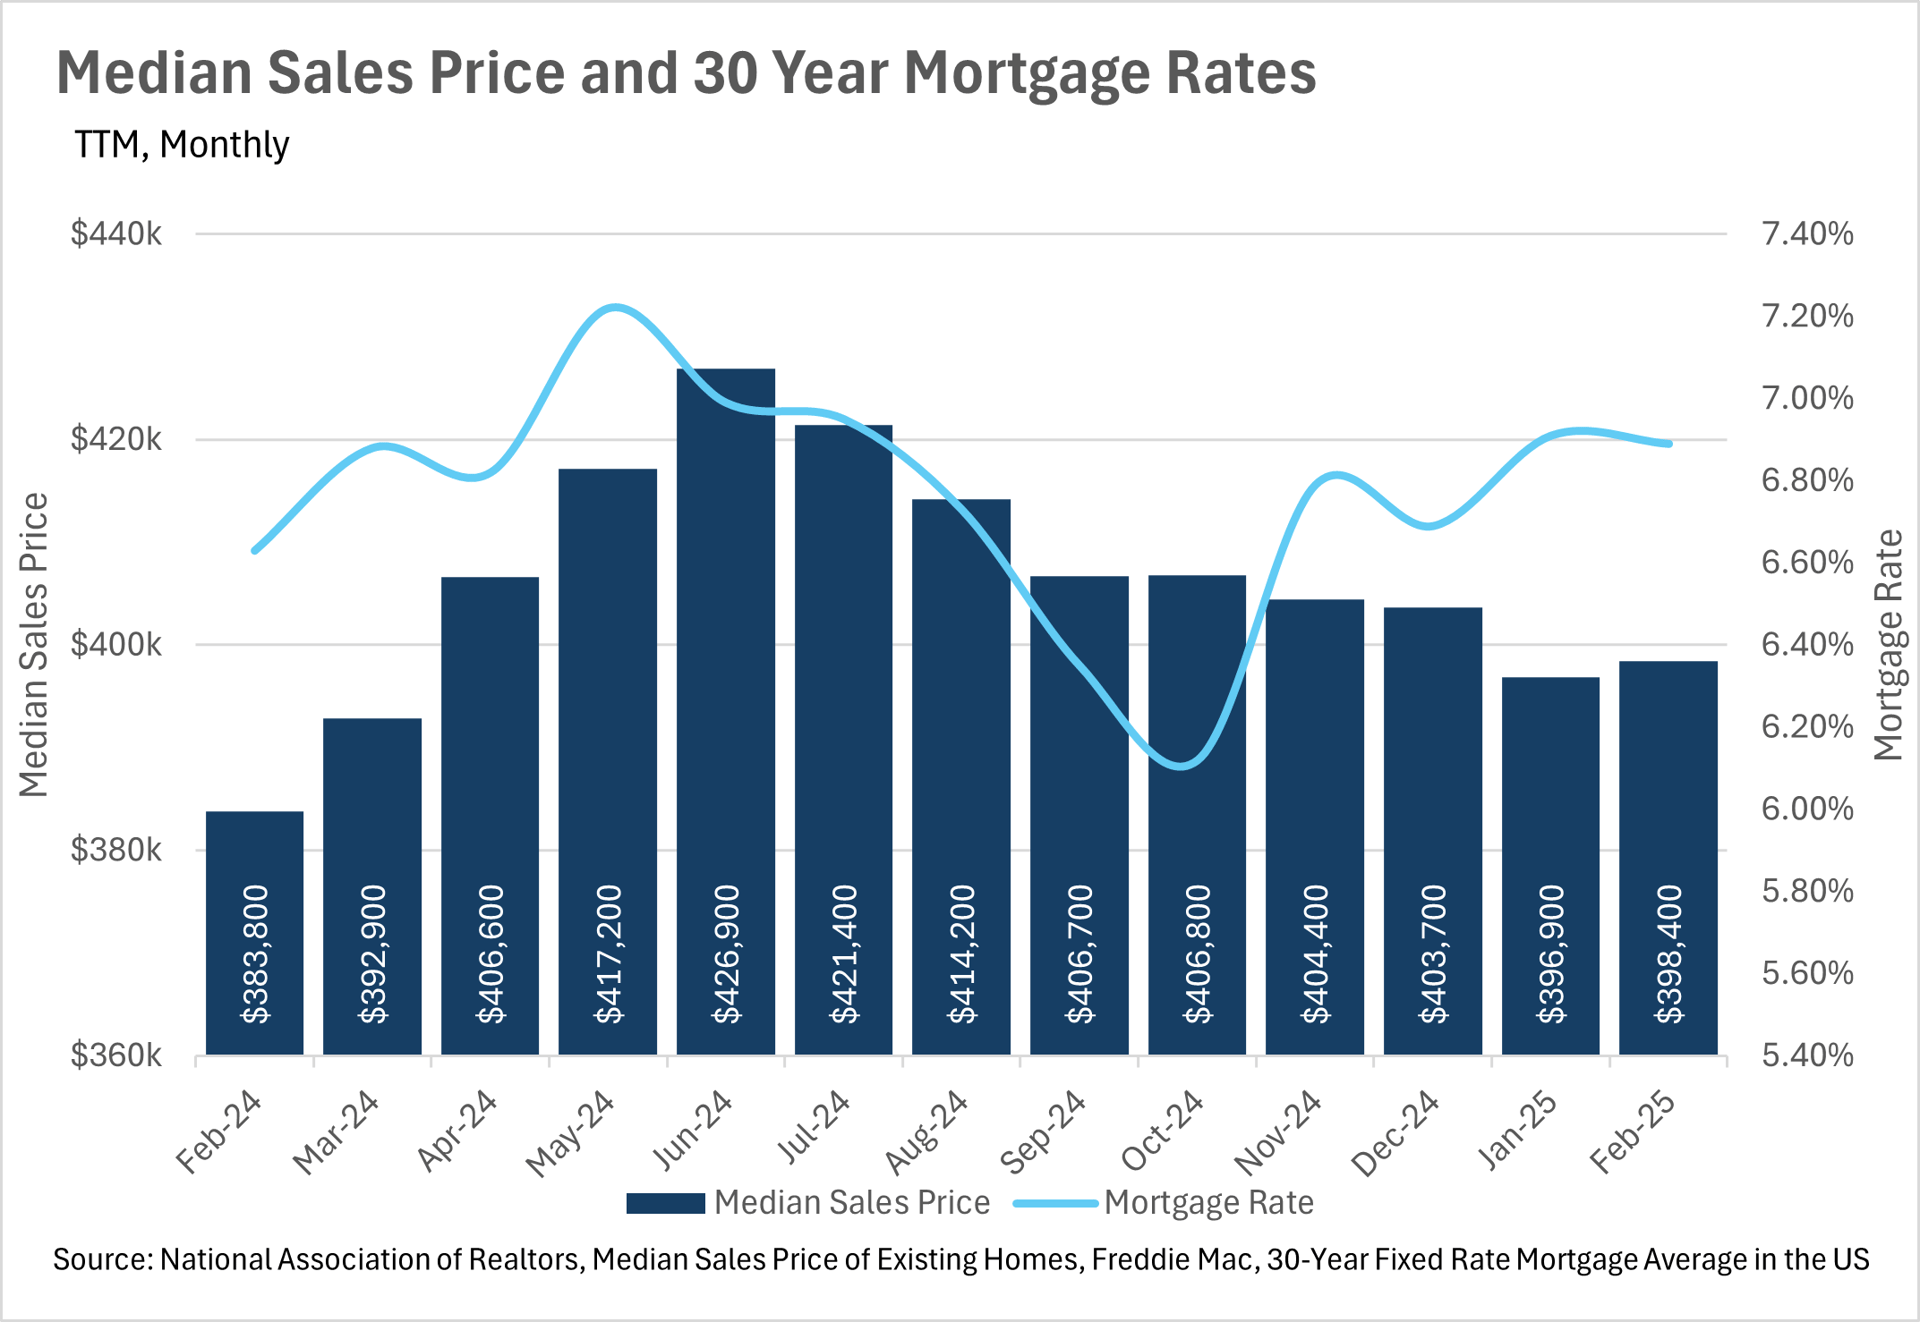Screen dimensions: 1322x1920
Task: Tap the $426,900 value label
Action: point(727,954)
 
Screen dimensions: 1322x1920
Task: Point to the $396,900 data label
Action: point(1551,954)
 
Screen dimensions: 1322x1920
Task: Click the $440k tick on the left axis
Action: point(116,234)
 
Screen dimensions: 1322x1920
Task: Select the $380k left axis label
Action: point(116,850)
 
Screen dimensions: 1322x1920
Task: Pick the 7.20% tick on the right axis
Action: point(1807,316)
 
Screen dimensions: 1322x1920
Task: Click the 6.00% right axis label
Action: point(1807,808)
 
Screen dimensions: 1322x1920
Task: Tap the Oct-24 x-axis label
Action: point(1163,1130)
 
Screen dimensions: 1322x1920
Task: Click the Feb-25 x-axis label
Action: point(1633,1130)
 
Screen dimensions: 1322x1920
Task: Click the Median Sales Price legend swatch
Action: point(665,1203)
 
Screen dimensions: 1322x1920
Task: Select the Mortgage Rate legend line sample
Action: point(1055,1203)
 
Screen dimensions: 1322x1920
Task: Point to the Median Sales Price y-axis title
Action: point(34,645)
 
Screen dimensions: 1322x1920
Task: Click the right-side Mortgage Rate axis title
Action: point(1887,645)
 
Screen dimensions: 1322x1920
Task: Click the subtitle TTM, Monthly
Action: point(182,145)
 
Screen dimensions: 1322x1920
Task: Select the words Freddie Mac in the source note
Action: point(1172,1259)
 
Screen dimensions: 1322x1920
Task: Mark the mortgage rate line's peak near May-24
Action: point(613,307)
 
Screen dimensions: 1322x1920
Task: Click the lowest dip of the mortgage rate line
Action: point(1183,767)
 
